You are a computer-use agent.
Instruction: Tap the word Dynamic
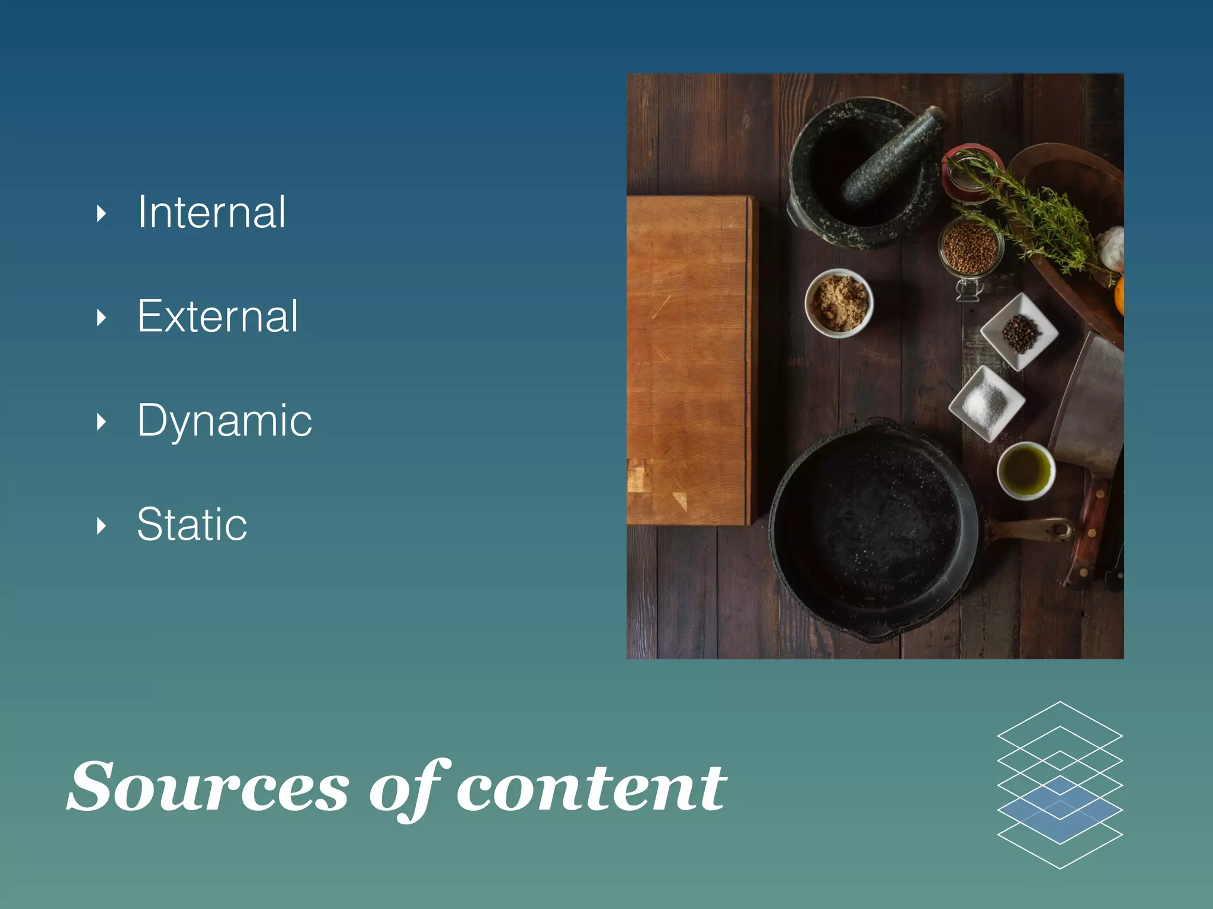coord(224,420)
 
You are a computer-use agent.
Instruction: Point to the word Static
coord(192,524)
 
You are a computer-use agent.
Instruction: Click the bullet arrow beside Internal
coord(101,213)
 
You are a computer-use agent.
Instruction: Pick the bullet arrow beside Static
coord(101,526)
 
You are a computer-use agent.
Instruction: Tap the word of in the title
coord(409,787)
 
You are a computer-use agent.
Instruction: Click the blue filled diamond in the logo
coord(1060,810)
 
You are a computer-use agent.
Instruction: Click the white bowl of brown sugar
coord(839,304)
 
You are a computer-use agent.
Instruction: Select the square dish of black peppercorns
coord(1019,332)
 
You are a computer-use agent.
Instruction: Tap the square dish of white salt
coord(986,403)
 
